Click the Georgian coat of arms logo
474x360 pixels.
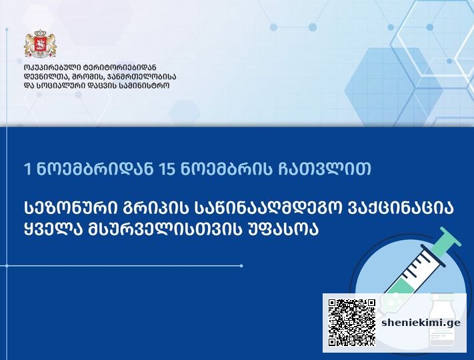pos(40,44)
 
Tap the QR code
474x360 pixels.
pos(352,323)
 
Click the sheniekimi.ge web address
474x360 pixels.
pos(421,323)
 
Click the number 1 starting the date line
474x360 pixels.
pos(28,169)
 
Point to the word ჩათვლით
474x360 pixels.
pos(325,169)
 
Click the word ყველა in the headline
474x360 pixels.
pos(52,230)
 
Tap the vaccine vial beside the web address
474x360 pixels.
pos(441,321)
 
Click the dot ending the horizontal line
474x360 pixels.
pos(241,266)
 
